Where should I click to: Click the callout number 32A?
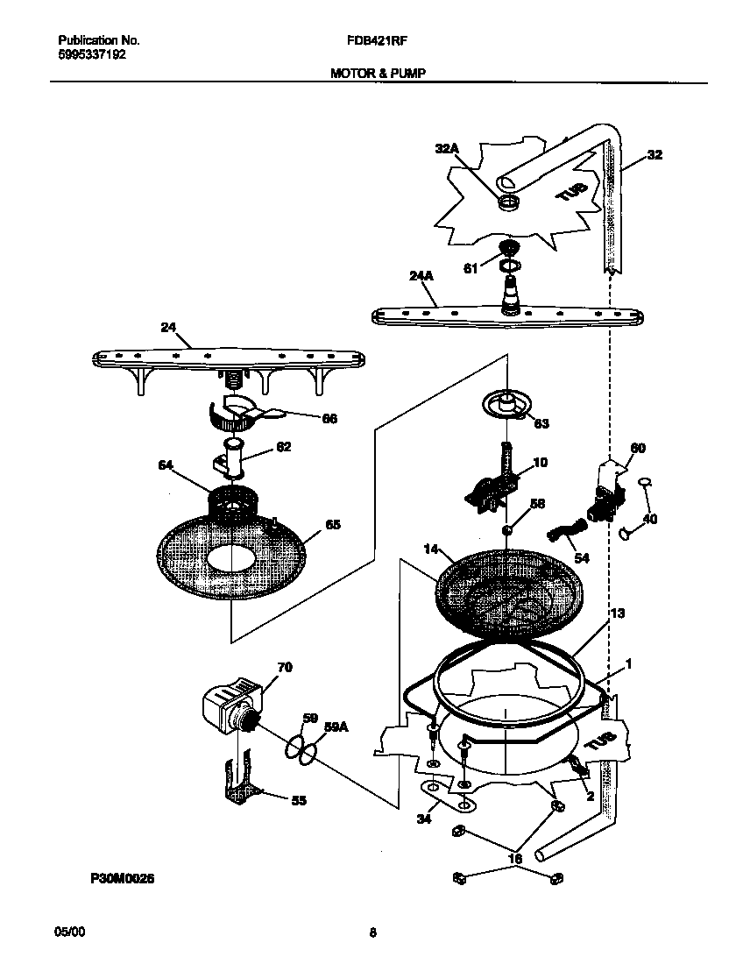point(447,149)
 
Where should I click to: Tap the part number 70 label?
point(284,668)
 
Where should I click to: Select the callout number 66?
point(329,419)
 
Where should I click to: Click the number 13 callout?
point(617,613)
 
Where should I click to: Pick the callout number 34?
point(423,819)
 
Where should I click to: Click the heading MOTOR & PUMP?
point(378,74)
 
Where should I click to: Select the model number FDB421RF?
point(378,40)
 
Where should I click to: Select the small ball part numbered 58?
point(506,530)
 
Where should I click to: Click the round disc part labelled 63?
point(506,404)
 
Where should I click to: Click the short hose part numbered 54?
point(566,530)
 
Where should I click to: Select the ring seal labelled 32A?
point(507,203)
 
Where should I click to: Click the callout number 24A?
point(421,277)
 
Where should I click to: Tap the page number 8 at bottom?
point(372,932)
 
